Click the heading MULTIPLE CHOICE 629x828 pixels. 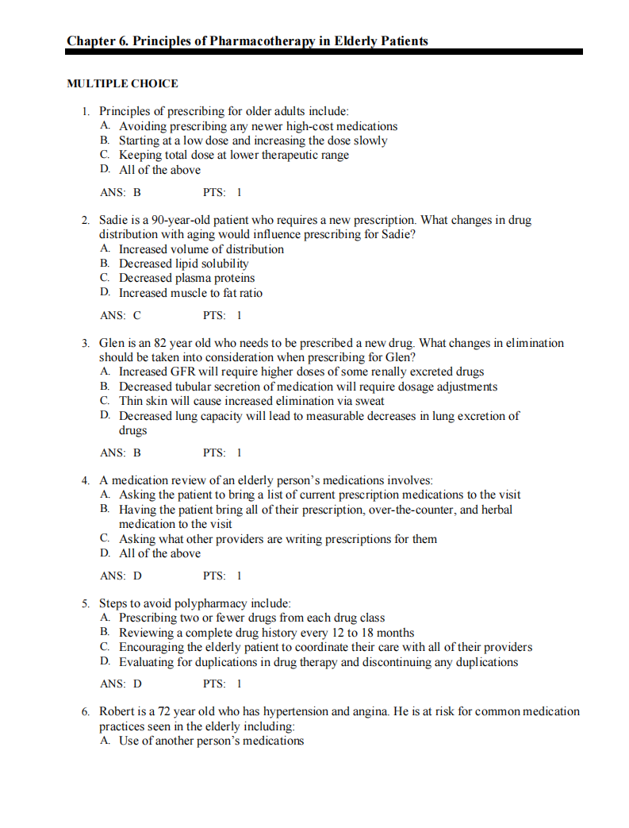tap(122, 83)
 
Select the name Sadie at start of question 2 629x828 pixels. tap(114, 220)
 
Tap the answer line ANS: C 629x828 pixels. tap(121, 315)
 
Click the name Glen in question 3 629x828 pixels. tap(112, 343)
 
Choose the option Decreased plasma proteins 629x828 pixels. tap(187, 278)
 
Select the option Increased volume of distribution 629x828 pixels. tap(201, 249)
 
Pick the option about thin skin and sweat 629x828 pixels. tap(251, 401)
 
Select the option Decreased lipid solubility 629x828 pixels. tap(184, 264)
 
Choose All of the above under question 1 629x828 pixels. tap(160, 170)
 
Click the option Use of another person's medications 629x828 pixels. tap(212, 741)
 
